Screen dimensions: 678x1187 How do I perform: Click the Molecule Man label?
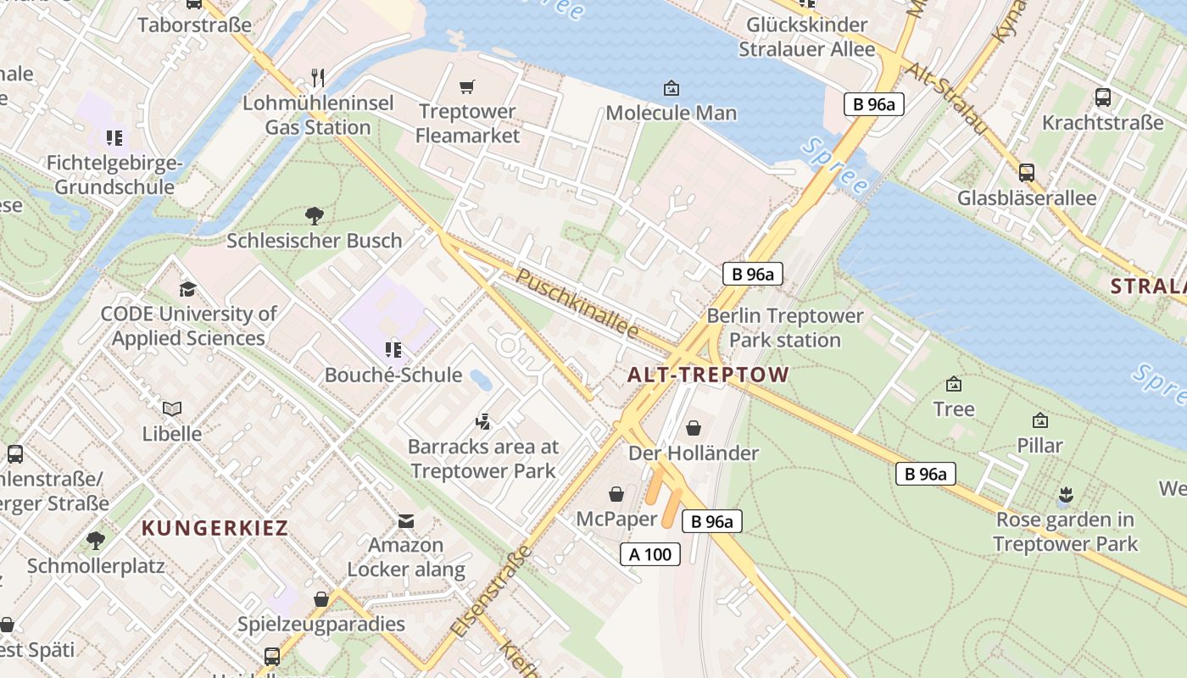[x=671, y=113]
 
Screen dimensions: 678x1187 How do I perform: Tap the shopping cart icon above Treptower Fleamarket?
[x=466, y=86]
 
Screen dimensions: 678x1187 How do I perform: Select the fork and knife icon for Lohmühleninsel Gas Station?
[x=318, y=78]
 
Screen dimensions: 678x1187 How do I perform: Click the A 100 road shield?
[x=650, y=554]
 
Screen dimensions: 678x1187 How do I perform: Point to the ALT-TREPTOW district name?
[x=708, y=375]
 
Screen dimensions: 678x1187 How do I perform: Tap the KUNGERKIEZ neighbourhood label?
[x=215, y=528]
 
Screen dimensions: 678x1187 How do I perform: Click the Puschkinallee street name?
[x=577, y=303]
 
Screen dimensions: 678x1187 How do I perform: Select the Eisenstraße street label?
[x=491, y=592]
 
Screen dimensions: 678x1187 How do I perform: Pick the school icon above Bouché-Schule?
[x=393, y=349]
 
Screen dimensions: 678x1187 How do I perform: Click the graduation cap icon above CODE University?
[x=187, y=289]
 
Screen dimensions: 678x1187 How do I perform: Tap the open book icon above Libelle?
[x=172, y=409]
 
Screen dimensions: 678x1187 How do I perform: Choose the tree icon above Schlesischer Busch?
[x=314, y=215]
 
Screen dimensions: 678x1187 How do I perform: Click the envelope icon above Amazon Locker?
[x=406, y=520]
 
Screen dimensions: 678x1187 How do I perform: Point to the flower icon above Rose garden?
[x=1065, y=494]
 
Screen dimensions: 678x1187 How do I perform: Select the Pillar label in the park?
[x=1039, y=445]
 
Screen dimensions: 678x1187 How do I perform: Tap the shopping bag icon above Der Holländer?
[x=693, y=428]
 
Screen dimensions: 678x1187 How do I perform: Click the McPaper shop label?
[x=616, y=518]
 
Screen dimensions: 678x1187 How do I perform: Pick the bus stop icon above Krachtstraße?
[x=1102, y=97]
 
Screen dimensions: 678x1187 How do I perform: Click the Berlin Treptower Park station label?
[x=785, y=328]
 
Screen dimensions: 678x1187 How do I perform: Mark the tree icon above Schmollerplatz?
[x=96, y=540]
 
